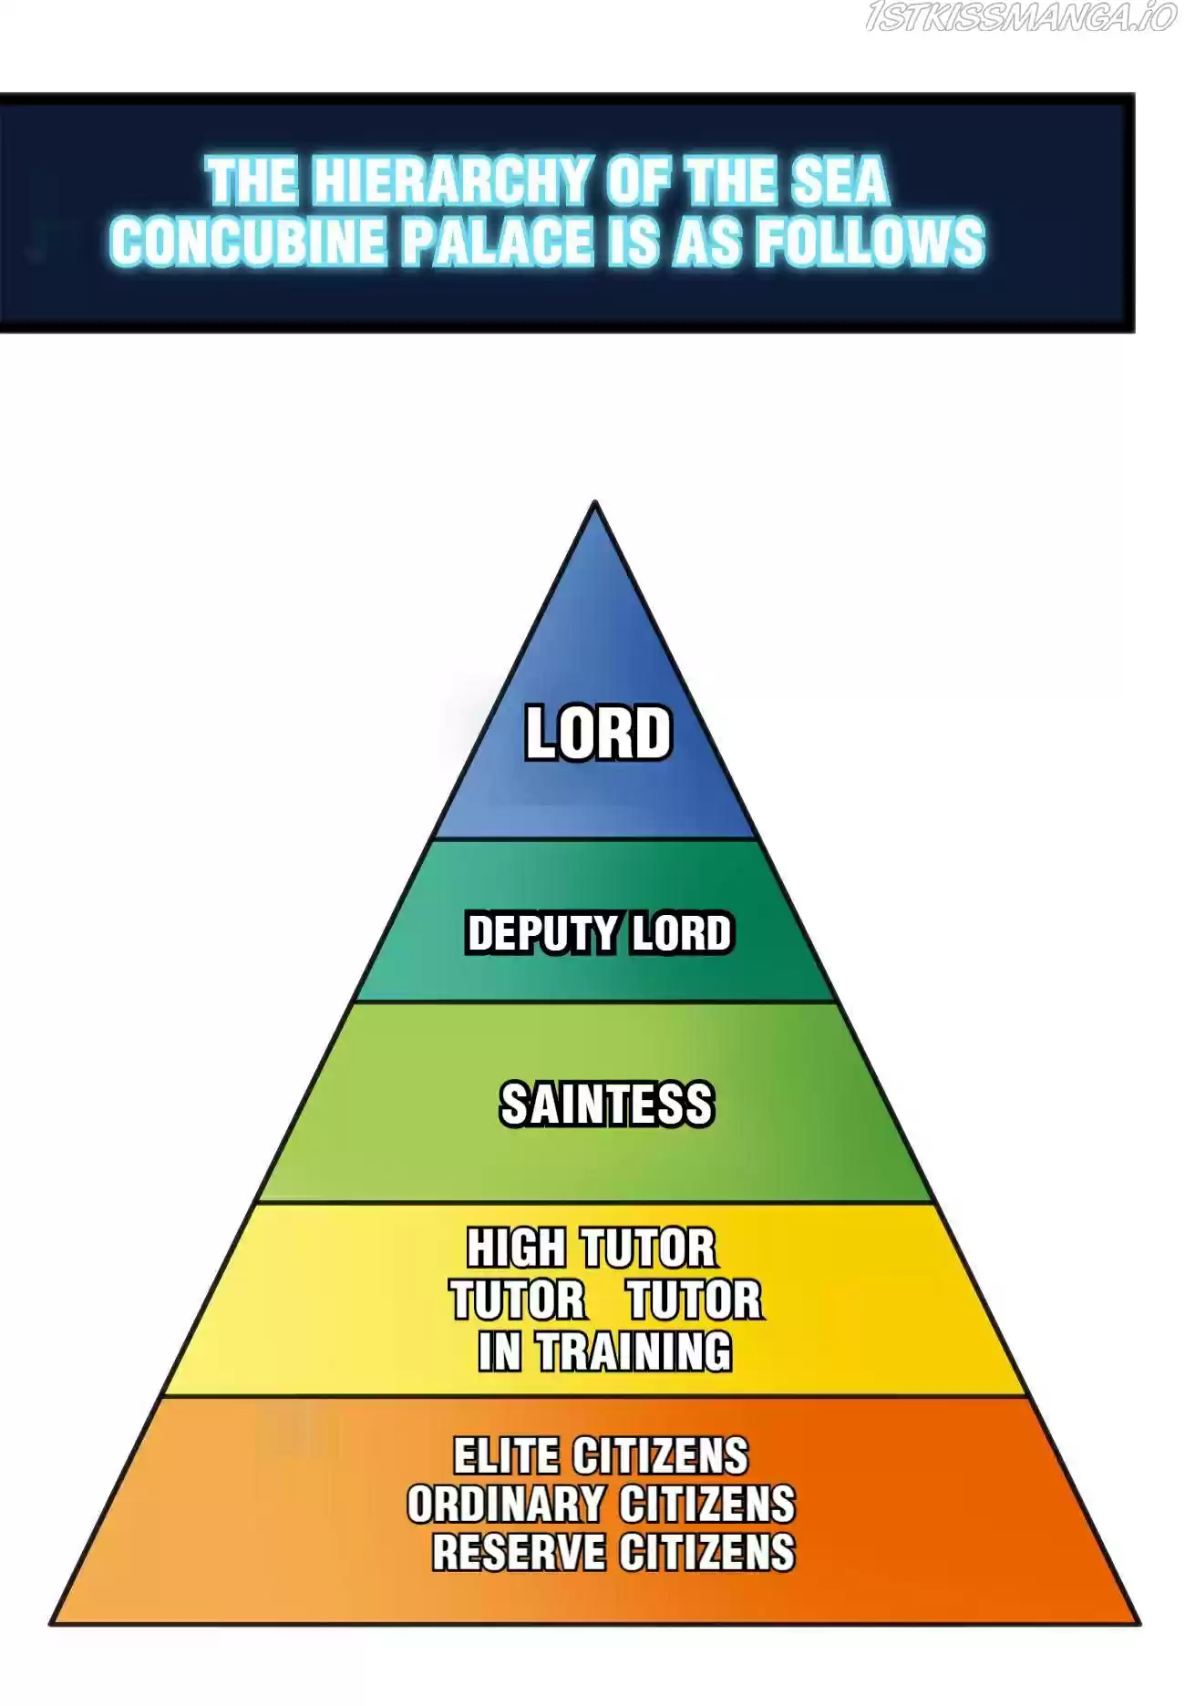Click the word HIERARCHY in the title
tap(450, 180)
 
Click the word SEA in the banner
tap(840, 180)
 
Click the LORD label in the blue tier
tap(598, 733)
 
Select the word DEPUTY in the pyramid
tap(542, 933)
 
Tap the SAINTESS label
tap(607, 1104)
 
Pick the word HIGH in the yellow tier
tap(516, 1248)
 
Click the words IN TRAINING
tap(605, 1351)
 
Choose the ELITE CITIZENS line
tap(601, 1455)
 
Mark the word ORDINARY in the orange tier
tap(506, 1504)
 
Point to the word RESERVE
tap(519, 1552)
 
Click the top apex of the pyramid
tap(595, 501)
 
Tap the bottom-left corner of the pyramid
tap(51, 1622)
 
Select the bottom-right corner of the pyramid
tap(1139, 1622)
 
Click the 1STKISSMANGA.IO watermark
tap(1021, 17)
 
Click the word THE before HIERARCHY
tap(252, 180)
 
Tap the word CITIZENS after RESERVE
tap(707, 1552)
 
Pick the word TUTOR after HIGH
tap(649, 1248)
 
